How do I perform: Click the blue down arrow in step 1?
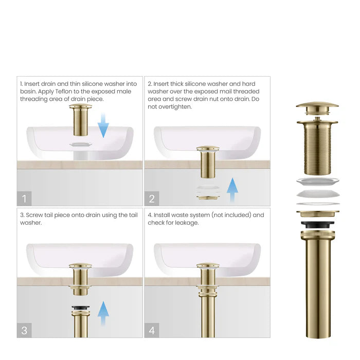pyautogui.click(x=103, y=126)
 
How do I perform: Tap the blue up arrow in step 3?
pyautogui.click(x=103, y=313)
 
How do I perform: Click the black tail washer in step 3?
pyautogui.click(x=81, y=308)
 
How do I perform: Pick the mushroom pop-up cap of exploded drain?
pyautogui.click(x=317, y=108)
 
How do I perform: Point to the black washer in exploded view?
pyautogui.click(x=317, y=225)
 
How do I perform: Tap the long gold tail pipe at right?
pyautogui.click(x=317, y=288)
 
